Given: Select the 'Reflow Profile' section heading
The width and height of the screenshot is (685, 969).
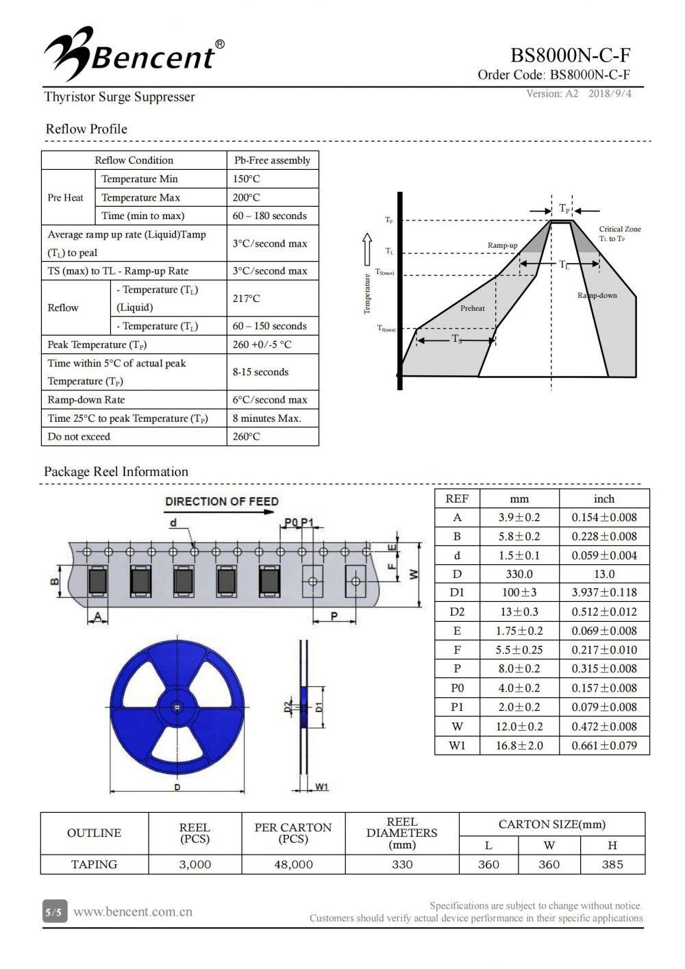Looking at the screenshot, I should pos(86,129).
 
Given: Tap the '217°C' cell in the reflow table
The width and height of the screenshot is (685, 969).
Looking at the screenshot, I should pos(246,299).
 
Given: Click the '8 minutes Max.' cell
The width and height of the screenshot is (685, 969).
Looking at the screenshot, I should pos(266,418).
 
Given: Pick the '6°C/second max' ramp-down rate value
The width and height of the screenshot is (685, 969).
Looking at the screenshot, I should pos(270,400).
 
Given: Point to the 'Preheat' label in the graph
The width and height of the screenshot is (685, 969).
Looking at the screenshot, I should pos(472,308).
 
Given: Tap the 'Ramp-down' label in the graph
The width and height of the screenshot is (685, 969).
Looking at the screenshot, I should pos(597,295).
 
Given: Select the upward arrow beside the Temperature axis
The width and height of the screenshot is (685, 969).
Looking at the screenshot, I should pos(367,244).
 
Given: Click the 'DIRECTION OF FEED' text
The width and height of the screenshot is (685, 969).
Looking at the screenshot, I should pos(222,501).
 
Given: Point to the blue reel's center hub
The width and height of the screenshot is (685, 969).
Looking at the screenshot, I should pos(177,707).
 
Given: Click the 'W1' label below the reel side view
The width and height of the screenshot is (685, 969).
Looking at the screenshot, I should pos(322,787).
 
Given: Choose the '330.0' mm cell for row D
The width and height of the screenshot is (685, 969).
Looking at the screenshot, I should pos(519,574).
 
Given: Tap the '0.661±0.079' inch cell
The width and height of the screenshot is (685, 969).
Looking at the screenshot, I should pos(604,745).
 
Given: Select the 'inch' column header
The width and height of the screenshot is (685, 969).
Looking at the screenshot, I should pos(604,499).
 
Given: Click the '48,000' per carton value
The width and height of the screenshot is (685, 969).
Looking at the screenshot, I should pos(293,864).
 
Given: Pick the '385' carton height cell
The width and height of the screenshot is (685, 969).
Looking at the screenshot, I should pos(612,864).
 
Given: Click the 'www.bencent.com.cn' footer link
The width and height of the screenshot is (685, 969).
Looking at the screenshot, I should pos(133,911).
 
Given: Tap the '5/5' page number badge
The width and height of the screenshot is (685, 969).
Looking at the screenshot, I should pos(53,912).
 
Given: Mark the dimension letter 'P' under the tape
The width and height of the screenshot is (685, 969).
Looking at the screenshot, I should pos(334,616).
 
